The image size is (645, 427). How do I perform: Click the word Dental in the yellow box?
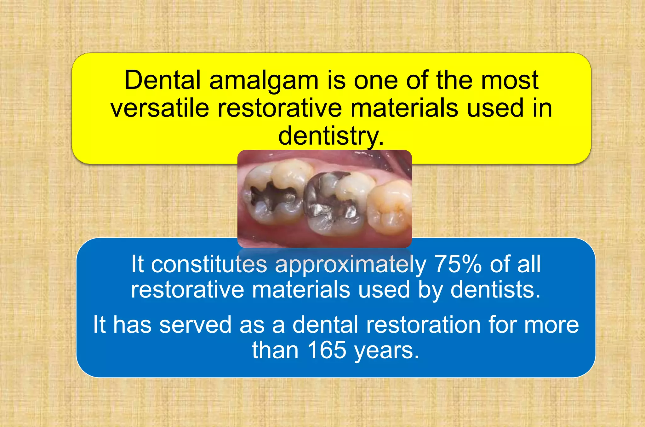pyautogui.click(x=163, y=80)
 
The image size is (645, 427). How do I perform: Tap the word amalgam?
pyautogui.click(x=264, y=80)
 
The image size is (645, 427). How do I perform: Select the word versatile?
pyautogui.click(x=160, y=108)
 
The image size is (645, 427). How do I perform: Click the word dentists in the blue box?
pyautogui.click(x=495, y=289)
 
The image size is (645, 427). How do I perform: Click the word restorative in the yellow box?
pyautogui.click(x=280, y=108)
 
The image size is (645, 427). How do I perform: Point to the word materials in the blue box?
pyautogui.click(x=301, y=289)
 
